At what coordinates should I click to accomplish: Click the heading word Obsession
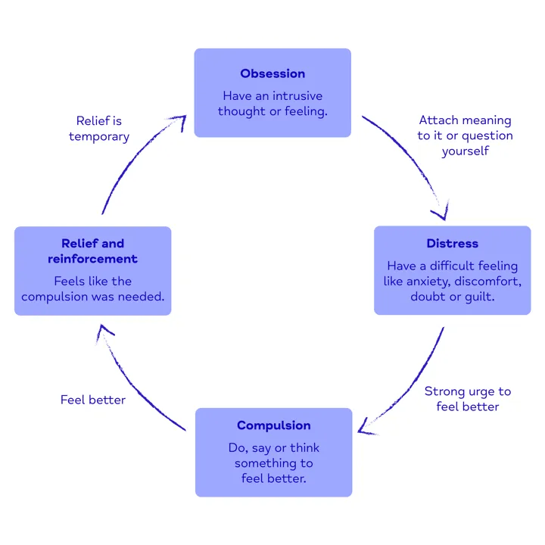pyautogui.click(x=272, y=73)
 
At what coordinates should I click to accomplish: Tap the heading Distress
pyautogui.click(x=452, y=244)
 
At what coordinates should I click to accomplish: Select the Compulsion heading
pyautogui.click(x=273, y=425)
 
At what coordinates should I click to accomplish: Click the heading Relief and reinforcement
pyautogui.click(x=92, y=251)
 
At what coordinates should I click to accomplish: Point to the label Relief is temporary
pyautogui.click(x=99, y=129)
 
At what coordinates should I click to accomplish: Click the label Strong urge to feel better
pyautogui.click(x=467, y=399)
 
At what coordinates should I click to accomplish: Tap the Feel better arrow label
pyautogui.click(x=93, y=399)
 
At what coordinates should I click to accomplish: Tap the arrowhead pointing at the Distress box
pyautogui.click(x=441, y=212)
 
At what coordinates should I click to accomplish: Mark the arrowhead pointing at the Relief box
pyautogui.click(x=105, y=329)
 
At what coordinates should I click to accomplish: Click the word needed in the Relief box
pyautogui.click(x=142, y=296)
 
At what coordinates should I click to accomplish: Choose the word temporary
pyautogui.click(x=99, y=136)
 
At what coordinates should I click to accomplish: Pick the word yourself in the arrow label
pyautogui.click(x=465, y=151)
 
